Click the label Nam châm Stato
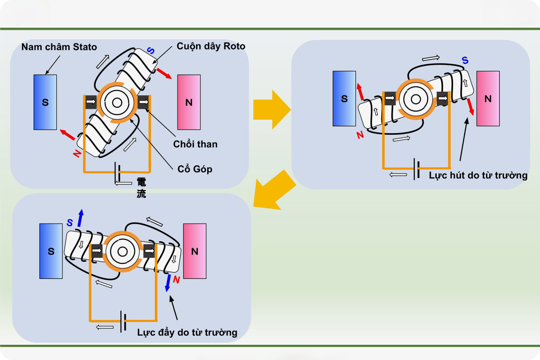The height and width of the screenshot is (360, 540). pos(59,47)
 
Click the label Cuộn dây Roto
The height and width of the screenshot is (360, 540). pos(211,46)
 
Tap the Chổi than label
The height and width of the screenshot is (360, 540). pos(195,144)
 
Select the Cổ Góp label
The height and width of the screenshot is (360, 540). pos(195,169)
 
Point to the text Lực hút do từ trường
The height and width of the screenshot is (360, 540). pos(478,175)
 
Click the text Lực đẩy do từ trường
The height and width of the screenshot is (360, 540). pos(187,332)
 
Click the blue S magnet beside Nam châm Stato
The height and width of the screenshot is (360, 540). pos(45,102)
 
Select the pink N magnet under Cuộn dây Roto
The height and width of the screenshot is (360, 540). pos(189,102)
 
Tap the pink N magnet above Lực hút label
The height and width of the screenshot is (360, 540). pos(488,99)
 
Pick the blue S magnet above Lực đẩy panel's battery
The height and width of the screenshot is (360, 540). pos(51,251)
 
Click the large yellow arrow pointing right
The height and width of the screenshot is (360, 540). pos(272,110)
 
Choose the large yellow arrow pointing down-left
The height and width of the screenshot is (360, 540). pos(274,190)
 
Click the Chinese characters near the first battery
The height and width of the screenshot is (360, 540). pos(141,188)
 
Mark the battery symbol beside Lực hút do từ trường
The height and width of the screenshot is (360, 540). pos(416,169)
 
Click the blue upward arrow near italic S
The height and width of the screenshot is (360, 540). pos(81,218)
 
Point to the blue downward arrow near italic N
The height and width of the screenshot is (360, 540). pos(168,283)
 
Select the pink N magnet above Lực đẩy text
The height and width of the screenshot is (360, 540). pos(195,251)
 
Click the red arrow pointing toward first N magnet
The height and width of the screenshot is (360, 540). pos(164,73)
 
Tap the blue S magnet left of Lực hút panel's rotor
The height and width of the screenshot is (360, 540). pos(344,99)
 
